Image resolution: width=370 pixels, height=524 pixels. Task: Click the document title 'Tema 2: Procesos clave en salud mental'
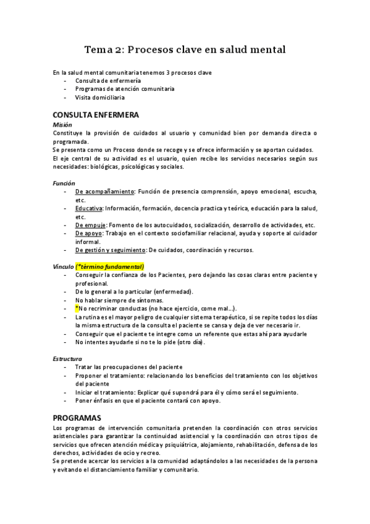point(185,50)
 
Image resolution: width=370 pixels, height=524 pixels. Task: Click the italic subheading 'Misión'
point(63,125)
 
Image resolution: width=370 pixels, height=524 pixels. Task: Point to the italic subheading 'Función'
point(64,183)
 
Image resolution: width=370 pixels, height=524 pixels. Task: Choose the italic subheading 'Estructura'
point(68,358)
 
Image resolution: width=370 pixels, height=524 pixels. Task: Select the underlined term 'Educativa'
point(88,209)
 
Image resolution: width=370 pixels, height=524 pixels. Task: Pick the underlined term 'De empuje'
point(90,226)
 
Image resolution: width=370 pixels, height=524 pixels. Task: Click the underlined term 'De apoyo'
point(88,234)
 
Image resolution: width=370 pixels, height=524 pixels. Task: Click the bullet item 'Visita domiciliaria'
point(99,98)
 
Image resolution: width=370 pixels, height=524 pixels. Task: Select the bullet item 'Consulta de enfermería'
point(107,81)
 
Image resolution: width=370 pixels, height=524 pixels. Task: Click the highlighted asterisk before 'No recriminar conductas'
point(77,308)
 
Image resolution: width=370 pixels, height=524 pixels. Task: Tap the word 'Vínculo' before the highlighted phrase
point(64,266)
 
